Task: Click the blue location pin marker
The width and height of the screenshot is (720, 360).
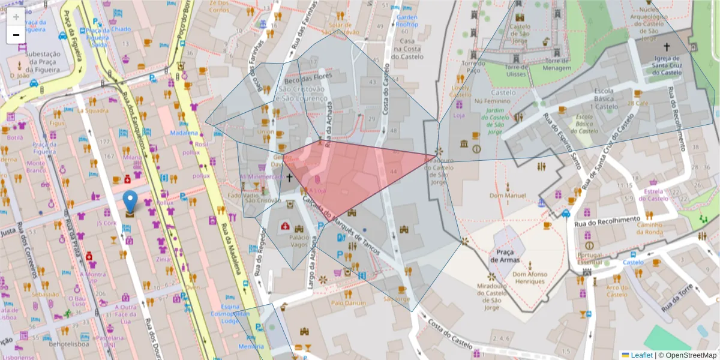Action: click(130, 202)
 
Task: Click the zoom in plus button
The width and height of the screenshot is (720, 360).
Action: click(16, 17)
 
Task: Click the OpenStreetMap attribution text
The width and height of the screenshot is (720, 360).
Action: click(687, 355)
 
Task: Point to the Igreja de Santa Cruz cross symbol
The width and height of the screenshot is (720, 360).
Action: click(666, 46)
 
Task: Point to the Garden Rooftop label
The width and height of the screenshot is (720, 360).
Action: click(407, 21)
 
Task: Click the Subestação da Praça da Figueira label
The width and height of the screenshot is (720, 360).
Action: click(34, 60)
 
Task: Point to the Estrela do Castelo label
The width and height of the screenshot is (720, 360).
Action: click(656, 195)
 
